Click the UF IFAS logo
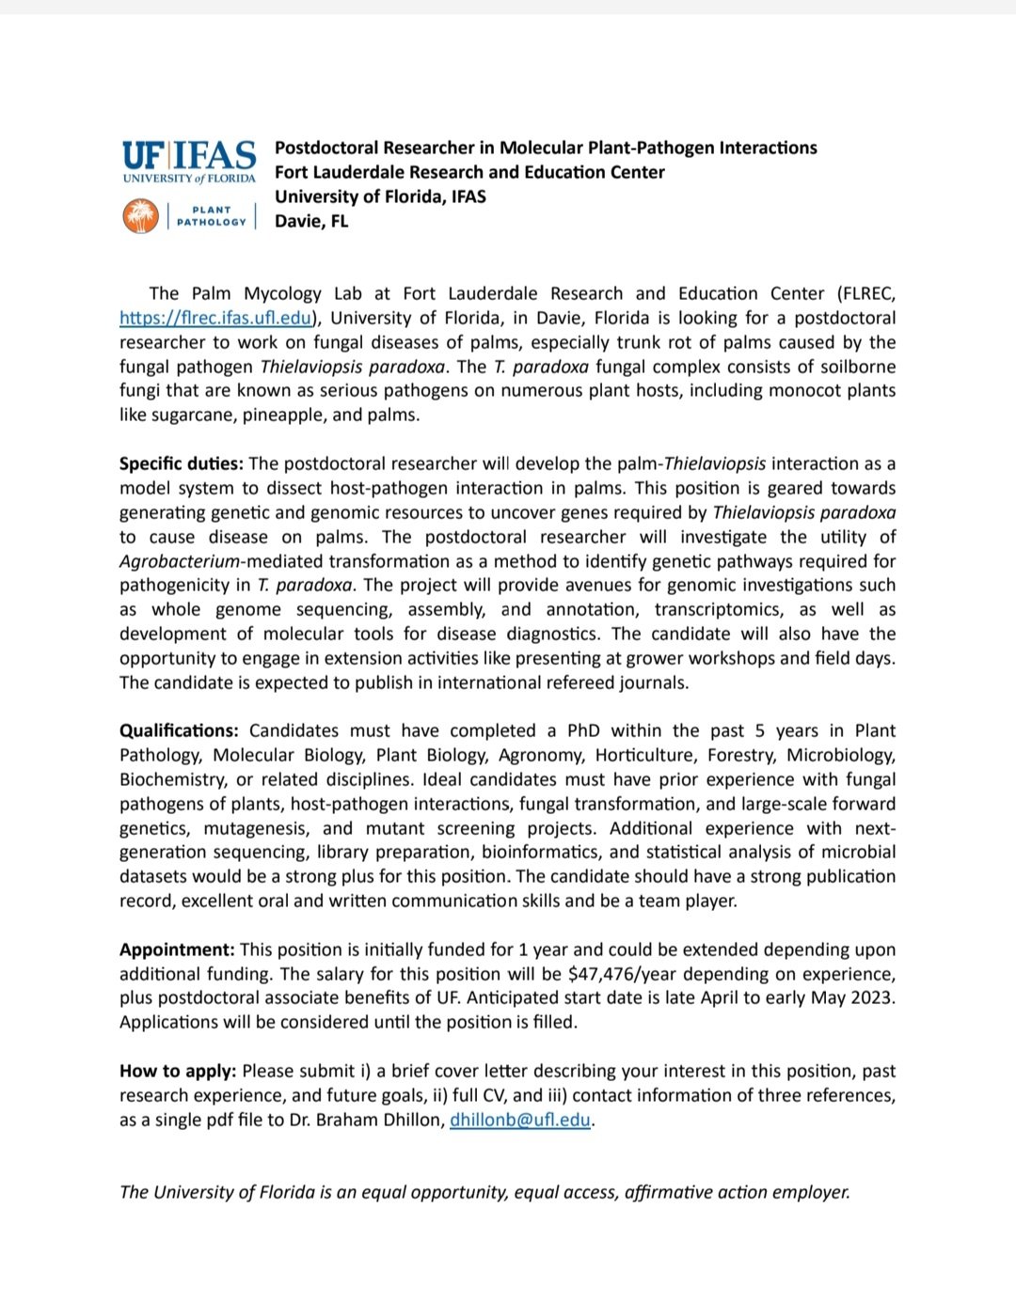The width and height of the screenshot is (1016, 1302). [189, 161]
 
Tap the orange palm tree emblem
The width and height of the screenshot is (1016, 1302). [140, 216]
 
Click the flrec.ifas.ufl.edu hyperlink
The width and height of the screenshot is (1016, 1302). [215, 318]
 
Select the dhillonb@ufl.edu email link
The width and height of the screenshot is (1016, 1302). [520, 1119]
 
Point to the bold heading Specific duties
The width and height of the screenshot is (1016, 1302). [181, 463]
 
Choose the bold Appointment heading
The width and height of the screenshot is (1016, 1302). [177, 949]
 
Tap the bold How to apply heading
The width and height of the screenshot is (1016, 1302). [178, 1071]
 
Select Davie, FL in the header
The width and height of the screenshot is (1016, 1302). [311, 221]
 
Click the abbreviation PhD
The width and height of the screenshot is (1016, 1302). [583, 730]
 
